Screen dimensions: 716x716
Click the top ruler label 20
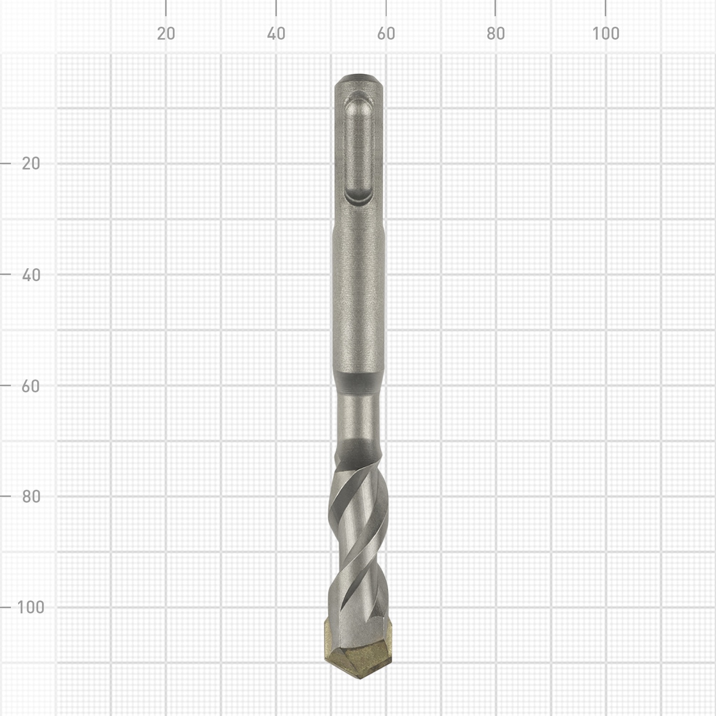(x=166, y=33)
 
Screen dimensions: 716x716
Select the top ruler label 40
(x=276, y=33)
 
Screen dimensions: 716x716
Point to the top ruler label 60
(x=386, y=33)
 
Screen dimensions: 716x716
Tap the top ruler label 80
(x=495, y=33)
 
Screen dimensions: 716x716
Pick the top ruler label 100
(x=606, y=33)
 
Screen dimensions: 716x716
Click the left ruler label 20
(x=31, y=164)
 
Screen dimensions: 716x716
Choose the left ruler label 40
(x=31, y=275)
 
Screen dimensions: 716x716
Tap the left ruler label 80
(x=31, y=496)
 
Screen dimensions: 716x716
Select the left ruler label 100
(x=31, y=608)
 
